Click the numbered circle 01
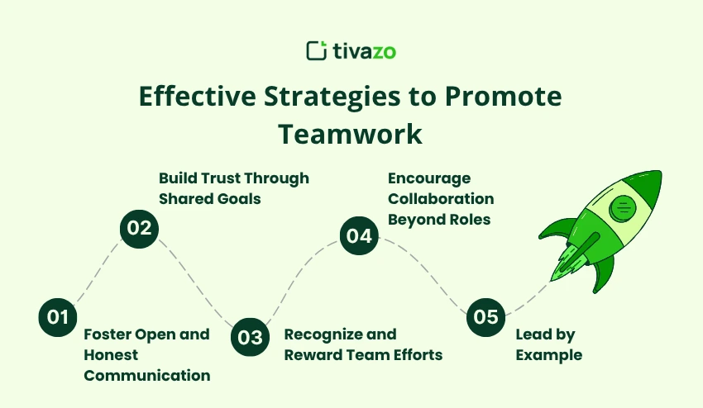pyautogui.click(x=58, y=317)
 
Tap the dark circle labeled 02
pyautogui.click(x=140, y=229)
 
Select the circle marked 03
pyautogui.click(x=250, y=337)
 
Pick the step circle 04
pyautogui.click(x=359, y=235)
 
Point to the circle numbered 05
pyautogui.click(x=486, y=317)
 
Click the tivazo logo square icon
pyautogui.click(x=317, y=50)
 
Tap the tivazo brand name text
pyautogui.click(x=364, y=51)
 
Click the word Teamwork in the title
pyautogui.click(x=350, y=134)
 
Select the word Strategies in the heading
pyautogui.click(x=332, y=97)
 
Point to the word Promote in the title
pyautogui.click(x=503, y=96)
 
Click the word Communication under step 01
pyautogui.click(x=147, y=375)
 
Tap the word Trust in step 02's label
pyautogui.click(x=220, y=178)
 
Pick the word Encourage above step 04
pyautogui.click(x=429, y=178)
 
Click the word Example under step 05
pyautogui.click(x=549, y=355)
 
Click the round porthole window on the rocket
pyautogui.click(x=623, y=208)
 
